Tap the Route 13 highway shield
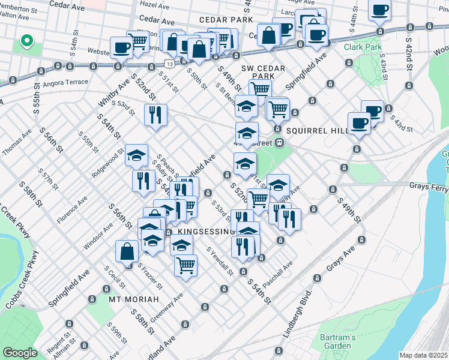pyautogui.click(x=171, y=63)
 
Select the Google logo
pyautogui.click(x=20, y=353)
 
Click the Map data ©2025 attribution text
pyautogui.click(x=424, y=355)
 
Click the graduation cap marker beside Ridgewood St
pyautogui.click(x=136, y=155)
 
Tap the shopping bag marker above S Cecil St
pyautogui.click(x=127, y=251)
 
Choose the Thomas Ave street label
pyautogui.click(x=16, y=143)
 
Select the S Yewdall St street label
pyautogui.click(x=220, y=262)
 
